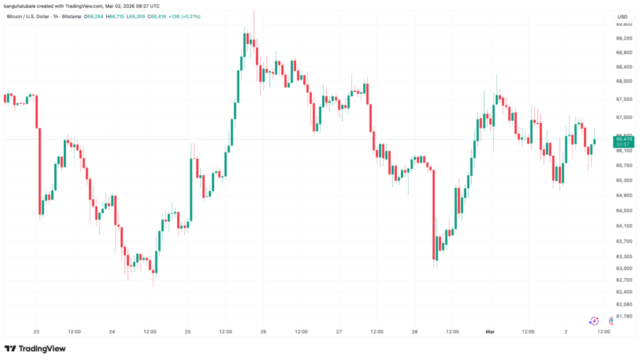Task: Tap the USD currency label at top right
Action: pos(622,16)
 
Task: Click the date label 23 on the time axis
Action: pos(36,332)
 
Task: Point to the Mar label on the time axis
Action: pos(491,332)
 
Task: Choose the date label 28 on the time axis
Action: pos(414,332)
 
